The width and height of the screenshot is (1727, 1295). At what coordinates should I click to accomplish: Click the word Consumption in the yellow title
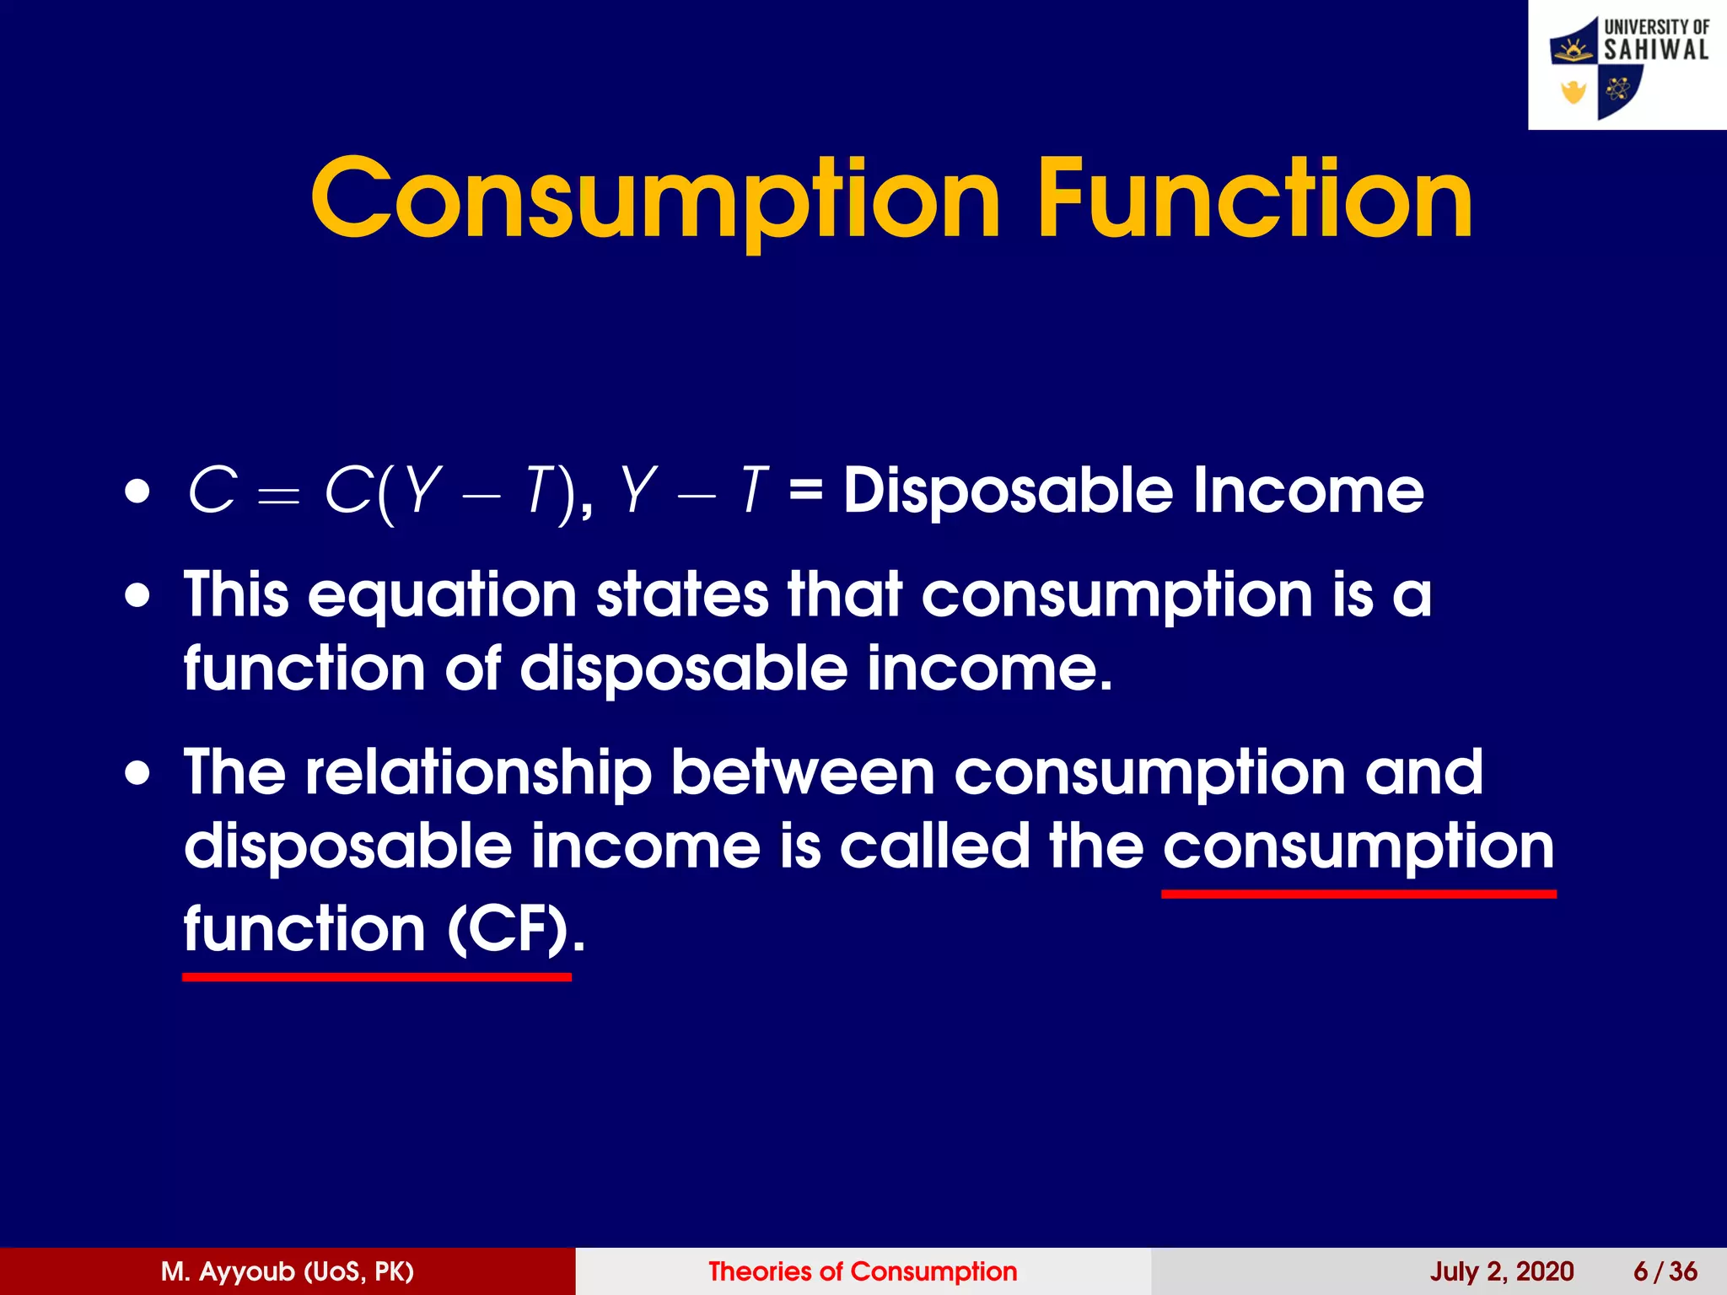(655, 201)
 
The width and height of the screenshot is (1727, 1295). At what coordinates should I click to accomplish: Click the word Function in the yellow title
(1255, 199)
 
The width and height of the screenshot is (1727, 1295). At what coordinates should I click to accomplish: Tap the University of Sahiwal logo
(1627, 65)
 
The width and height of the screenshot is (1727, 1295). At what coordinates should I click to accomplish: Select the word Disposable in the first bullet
(1009, 491)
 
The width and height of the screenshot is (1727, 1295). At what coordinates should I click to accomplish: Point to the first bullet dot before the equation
(137, 492)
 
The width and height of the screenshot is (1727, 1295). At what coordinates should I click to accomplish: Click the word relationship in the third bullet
(478, 774)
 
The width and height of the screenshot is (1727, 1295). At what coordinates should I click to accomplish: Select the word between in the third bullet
(803, 772)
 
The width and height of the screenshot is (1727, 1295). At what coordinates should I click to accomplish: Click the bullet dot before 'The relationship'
(137, 774)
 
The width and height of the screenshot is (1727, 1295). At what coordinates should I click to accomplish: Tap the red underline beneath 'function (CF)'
(376, 977)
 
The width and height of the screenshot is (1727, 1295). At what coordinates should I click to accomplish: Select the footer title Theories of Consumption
(863, 1271)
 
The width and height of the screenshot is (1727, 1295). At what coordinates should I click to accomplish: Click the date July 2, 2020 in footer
(1501, 1271)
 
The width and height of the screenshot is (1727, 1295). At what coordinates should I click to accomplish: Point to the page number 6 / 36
(1665, 1271)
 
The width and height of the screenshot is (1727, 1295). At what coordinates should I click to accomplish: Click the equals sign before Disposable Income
(805, 491)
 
